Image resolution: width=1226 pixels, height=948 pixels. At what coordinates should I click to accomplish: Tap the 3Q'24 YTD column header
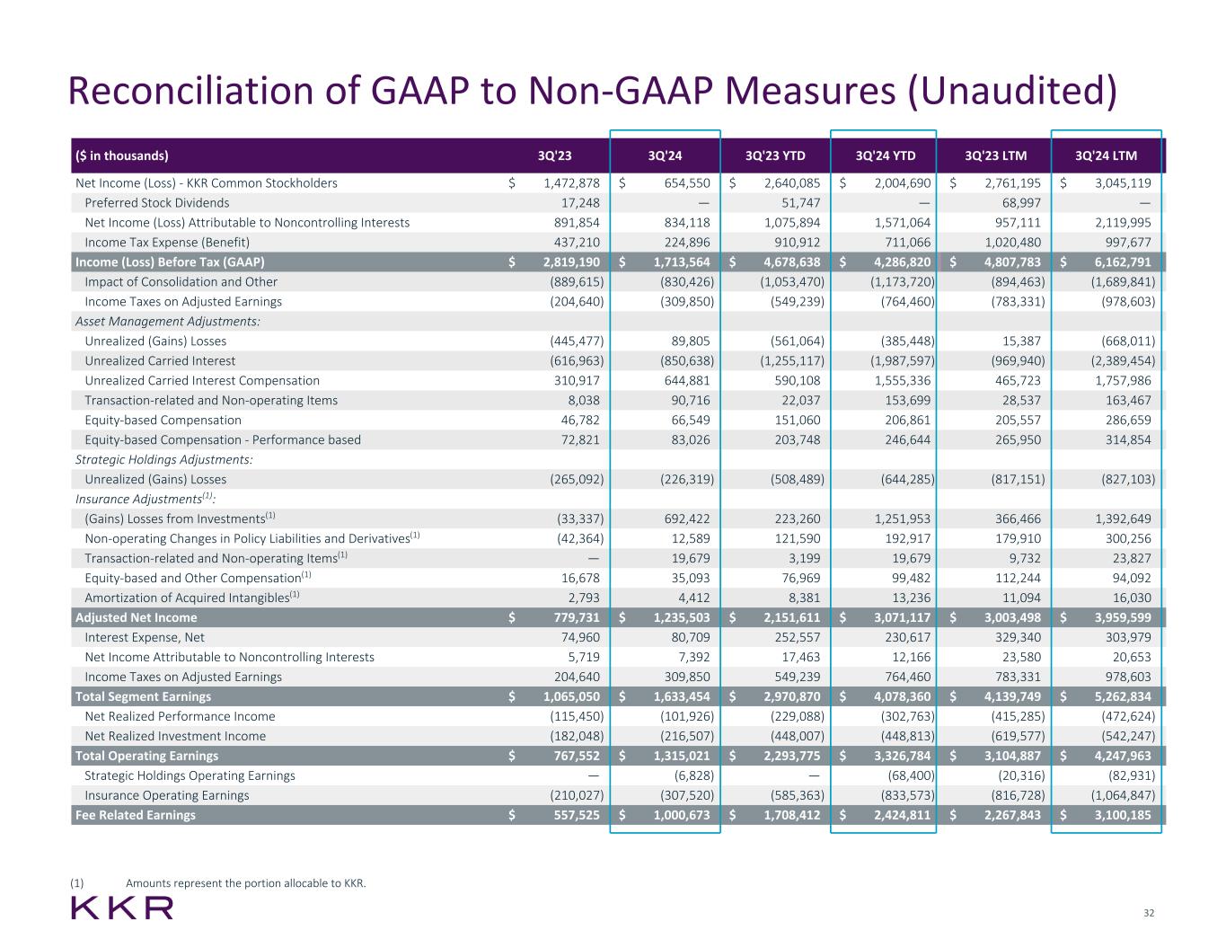[886, 155]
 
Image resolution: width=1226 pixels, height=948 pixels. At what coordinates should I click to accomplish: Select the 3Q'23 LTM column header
[995, 155]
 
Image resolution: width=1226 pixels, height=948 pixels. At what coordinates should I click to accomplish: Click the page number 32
[1149, 913]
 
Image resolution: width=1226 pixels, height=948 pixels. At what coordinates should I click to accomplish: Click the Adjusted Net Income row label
[137, 617]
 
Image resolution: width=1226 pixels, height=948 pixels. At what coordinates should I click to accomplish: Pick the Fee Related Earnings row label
[136, 815]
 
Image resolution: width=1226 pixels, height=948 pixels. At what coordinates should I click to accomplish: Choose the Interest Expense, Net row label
[145, 637]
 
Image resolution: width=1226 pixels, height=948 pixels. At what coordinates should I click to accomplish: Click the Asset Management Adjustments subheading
[168, 321]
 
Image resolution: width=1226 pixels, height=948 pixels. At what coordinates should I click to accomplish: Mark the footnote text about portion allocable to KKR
[246, 883]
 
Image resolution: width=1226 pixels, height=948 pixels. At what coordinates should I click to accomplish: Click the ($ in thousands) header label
[122, 155]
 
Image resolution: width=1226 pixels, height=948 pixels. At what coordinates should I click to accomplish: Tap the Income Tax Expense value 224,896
[687, 243]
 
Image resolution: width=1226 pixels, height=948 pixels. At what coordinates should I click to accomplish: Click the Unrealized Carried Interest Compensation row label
[202, 380]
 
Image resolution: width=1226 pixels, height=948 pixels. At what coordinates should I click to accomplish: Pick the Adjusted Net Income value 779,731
[573, 617]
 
